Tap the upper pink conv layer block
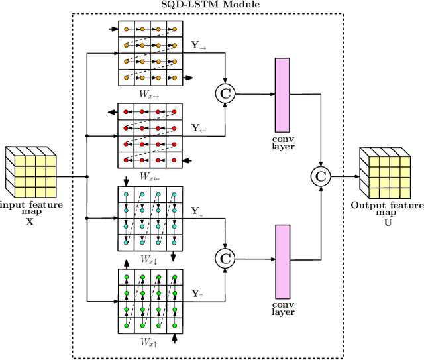click(283, 93)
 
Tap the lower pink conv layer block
click(283, 260)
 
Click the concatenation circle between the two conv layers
click(321, 176)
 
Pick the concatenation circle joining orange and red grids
click(225, 94)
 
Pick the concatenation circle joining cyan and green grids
click(225, 257)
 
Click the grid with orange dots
click(149, 54)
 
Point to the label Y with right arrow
click(199, 46)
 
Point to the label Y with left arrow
click(199, 127)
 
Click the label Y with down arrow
click(197, 211)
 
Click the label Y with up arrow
click(197, 292)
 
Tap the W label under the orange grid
click(148, 94)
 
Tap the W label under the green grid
click(148, 342)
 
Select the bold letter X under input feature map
click(28, 223)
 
